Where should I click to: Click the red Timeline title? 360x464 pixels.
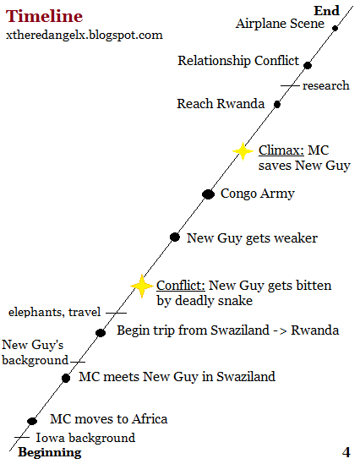(44, 16)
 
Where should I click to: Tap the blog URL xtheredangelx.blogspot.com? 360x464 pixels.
(85, 35)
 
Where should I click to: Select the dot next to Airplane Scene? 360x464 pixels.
(335, 28)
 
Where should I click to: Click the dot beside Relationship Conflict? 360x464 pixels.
(308, 65)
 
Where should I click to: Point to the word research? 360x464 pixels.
(325, 85)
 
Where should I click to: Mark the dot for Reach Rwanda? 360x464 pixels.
(277, 104)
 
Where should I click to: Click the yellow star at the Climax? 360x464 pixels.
(243, 151)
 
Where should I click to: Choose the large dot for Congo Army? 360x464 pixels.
(208, 194)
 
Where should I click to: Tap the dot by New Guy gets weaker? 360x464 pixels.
(175, 237)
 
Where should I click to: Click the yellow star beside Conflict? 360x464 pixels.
(142, 286)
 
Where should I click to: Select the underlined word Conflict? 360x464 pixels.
(181, 286)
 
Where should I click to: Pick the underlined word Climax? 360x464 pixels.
(281, 150)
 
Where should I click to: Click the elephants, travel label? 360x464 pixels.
(54, 312)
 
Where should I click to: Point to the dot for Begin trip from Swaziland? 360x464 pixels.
(101, 333)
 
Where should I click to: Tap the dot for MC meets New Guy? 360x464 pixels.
(66, 378)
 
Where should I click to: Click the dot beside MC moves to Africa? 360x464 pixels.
(32, 421)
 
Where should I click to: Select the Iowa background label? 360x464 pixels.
(85, 438)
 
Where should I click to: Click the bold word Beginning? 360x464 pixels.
(50, 452)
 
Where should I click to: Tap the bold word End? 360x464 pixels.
(326, 11)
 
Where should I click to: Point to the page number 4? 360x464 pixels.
(346, 452)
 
